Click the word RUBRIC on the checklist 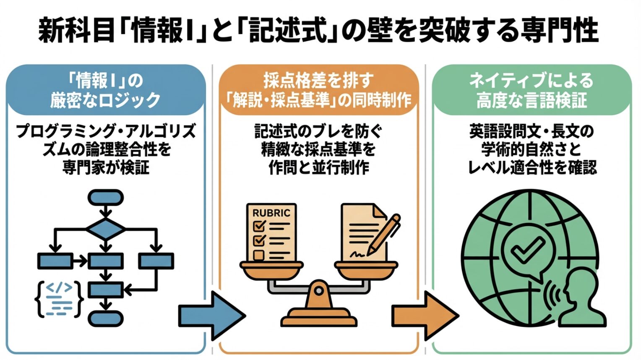click(271, 213)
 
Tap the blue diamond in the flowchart click(105, 229)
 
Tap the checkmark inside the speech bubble click(524, 250)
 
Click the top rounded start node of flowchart click(105, 197)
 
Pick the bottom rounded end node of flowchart click(105, 319)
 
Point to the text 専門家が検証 click(106, 167)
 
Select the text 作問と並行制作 click(319, 167)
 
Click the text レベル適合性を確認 click(532, 167)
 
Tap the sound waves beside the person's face click(553, 296)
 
